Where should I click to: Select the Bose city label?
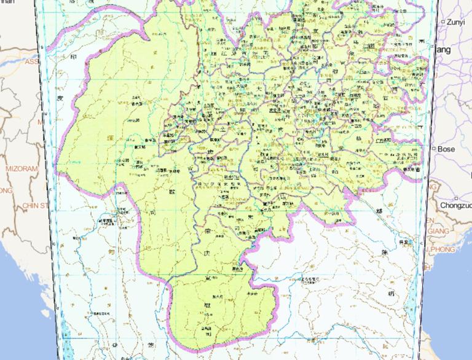pos(447,149)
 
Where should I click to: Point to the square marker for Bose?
pos(435,149)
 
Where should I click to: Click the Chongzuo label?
pos(455,205)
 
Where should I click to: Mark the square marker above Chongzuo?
pos(456,198)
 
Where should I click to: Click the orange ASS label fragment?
pos(31,61)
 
